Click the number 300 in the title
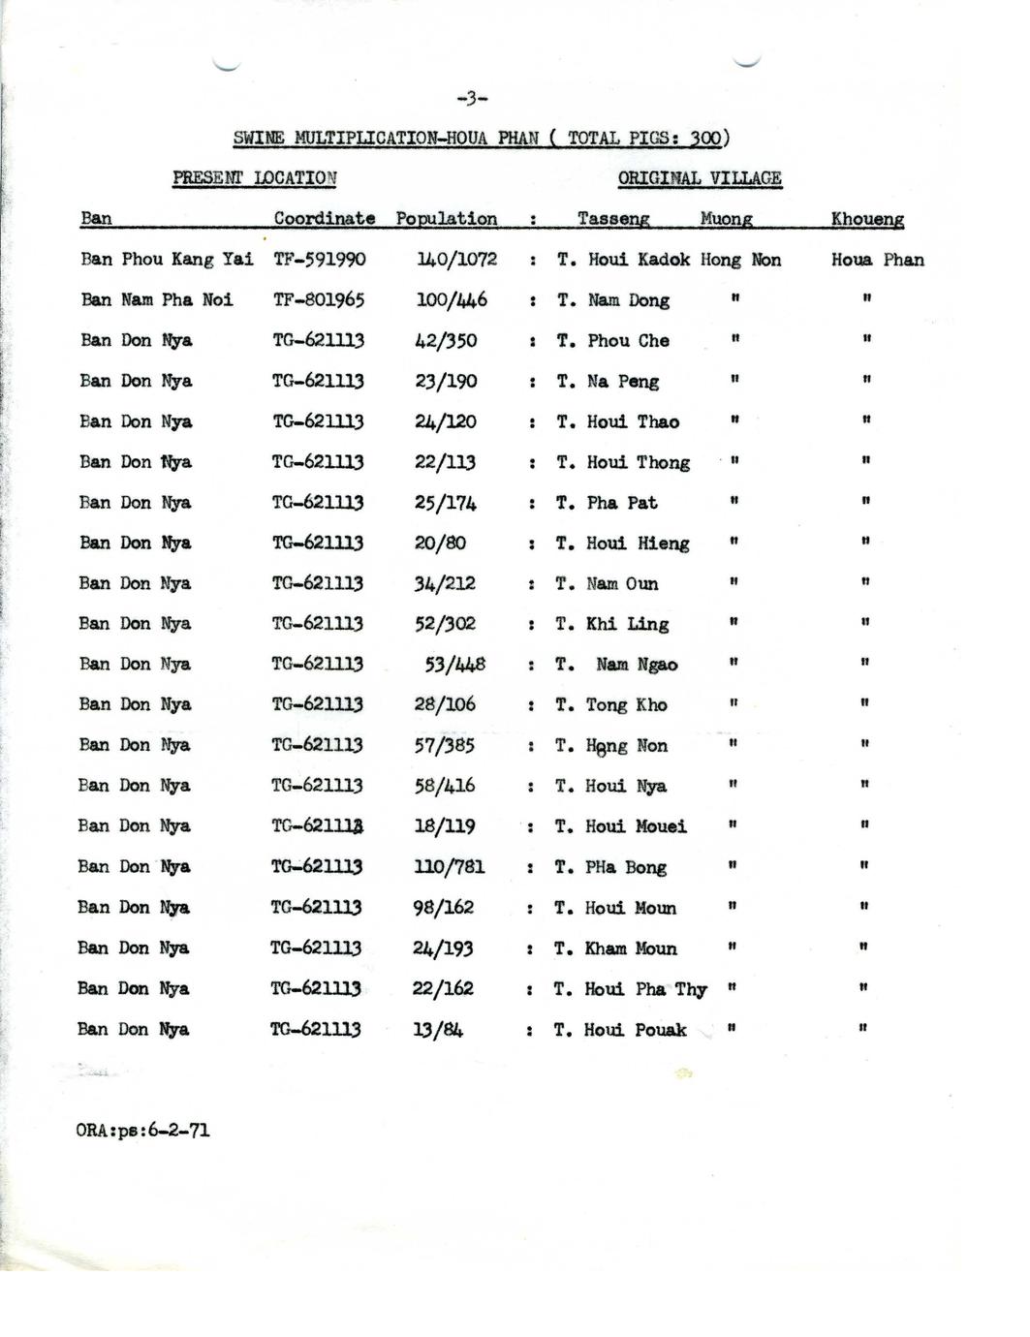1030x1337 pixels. (705, 138)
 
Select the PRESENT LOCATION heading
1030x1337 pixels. (255, 178)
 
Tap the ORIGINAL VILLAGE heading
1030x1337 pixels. (700, 178)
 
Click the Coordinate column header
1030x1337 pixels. (324, 219)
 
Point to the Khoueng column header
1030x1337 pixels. (867, 219)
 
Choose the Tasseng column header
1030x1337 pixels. (613, 219)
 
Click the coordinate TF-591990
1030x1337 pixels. (320, 260)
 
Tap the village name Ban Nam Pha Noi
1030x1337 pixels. (157, 300)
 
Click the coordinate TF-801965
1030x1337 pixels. (319, 300)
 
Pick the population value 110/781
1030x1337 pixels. (449, 867)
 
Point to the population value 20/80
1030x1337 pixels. (440, 544)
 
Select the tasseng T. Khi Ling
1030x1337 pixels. (612, 624)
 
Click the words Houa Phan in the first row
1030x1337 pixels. (877, 260)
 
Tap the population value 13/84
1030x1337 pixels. (437, 1030)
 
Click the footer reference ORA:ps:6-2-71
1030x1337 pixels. (142, 1131)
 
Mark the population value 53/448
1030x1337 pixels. (454, 665)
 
